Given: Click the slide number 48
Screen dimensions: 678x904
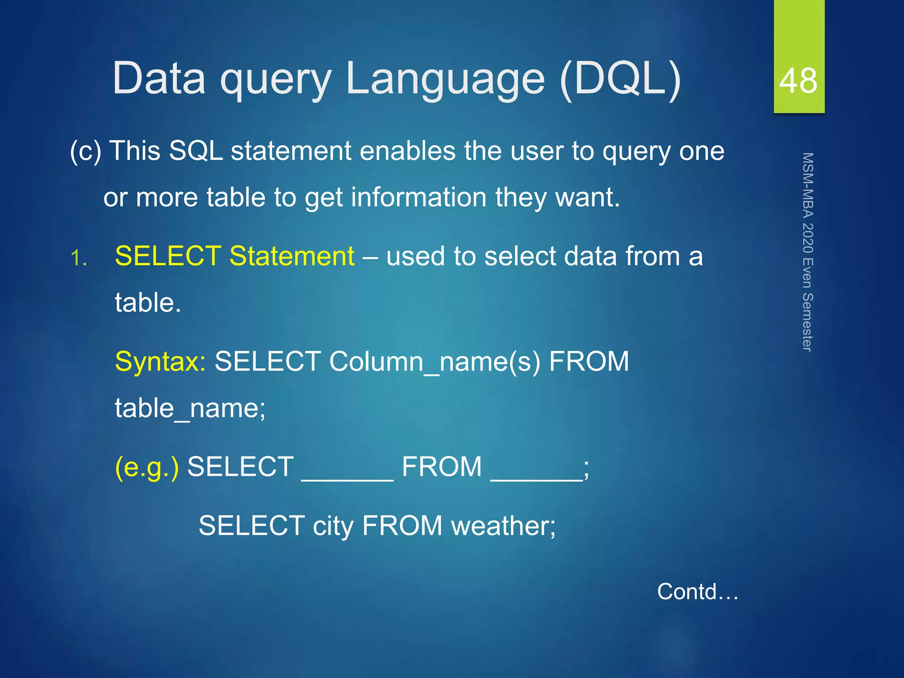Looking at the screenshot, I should pos(798,81).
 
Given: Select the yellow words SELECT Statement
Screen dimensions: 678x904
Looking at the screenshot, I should pos(234,256).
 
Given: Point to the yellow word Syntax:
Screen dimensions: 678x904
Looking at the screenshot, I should pos(160,362).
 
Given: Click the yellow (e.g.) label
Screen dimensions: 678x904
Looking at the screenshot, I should pos(147,467).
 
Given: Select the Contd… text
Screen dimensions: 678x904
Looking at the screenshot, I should pos(697,592).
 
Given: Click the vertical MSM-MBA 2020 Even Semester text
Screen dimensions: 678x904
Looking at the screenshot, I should pos(807,252).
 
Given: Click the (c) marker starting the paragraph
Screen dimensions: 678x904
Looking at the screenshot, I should pos(86,151).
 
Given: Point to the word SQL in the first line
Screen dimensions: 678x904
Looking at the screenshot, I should pos(196,151).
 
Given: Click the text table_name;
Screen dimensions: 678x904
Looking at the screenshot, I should pos(190,408).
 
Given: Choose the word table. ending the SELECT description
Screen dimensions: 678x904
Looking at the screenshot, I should pos(148,303).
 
